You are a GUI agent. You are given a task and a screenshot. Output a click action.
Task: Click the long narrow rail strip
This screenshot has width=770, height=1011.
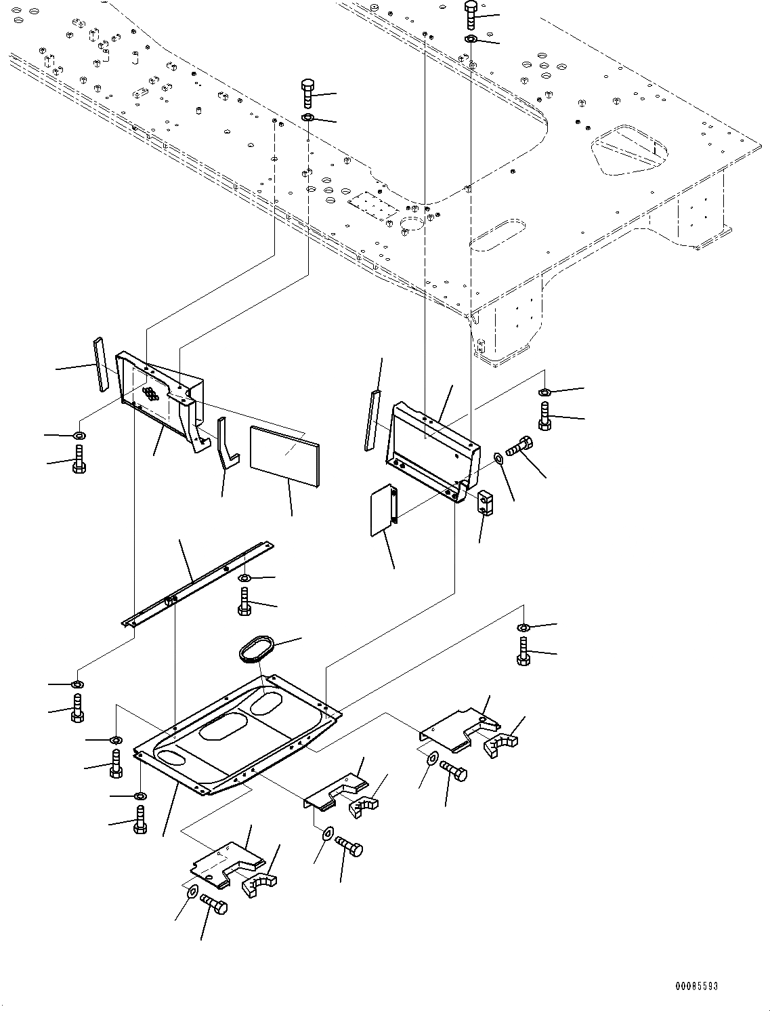pos(196,583)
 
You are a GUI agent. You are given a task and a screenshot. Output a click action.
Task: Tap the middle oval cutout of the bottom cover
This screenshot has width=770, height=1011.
pos(223,728)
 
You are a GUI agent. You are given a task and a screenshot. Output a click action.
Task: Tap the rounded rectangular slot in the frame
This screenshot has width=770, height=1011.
pos(499,233)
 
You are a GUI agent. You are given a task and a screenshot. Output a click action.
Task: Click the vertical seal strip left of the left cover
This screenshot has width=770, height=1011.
pos(101,364)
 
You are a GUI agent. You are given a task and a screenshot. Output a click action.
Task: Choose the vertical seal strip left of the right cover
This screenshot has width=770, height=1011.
pos(372,420)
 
